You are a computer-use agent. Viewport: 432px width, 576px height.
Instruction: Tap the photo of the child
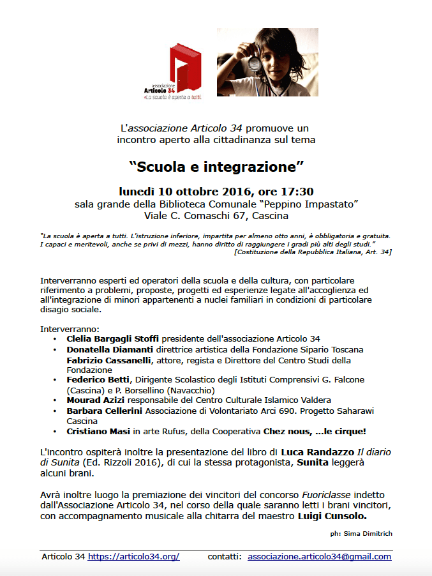click(267, 62)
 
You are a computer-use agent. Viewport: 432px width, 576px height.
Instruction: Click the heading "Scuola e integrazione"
click(216, 167)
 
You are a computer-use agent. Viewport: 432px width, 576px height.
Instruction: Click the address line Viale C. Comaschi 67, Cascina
click(216, 216)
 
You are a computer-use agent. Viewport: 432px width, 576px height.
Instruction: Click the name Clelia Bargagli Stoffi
click(112, 338)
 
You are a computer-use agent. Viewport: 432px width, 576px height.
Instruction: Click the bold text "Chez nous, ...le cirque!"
click(329, 432)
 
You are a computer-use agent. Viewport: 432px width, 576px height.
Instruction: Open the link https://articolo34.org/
click(133, 556)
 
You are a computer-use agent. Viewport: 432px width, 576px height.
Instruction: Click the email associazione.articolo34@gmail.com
click(319, 556)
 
